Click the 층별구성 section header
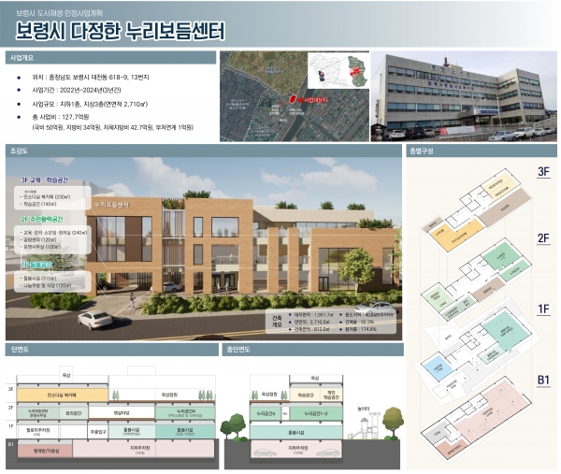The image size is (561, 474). (422, 151)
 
